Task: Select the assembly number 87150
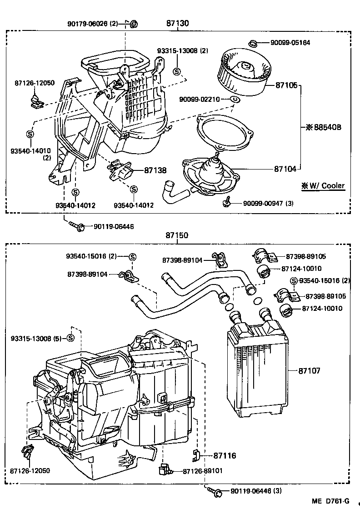[x=177, y=236]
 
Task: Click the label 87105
[x=285, y=85]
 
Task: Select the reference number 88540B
[x=323, y=127]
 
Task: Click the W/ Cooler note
[x=322, y=185]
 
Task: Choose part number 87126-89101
[x=203, y=471]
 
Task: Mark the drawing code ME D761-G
[x=330, y=501]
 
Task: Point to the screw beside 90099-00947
[x=225, y=203]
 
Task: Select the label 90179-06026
[x=91, y=23]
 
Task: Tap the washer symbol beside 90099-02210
[x=235, y=99]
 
